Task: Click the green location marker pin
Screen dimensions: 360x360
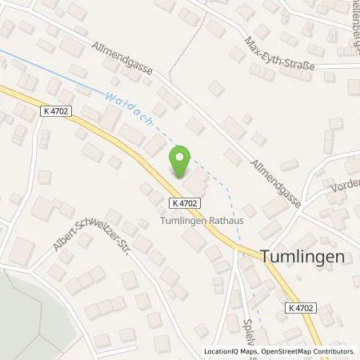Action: point(182,163)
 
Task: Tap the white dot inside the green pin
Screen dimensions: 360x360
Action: point(182,158)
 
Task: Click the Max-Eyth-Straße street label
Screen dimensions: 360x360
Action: point(279,53)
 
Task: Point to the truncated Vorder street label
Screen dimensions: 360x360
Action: point(346,187)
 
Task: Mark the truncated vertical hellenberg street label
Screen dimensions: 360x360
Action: point(352,24)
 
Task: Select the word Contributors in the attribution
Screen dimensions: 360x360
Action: point(334,350)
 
